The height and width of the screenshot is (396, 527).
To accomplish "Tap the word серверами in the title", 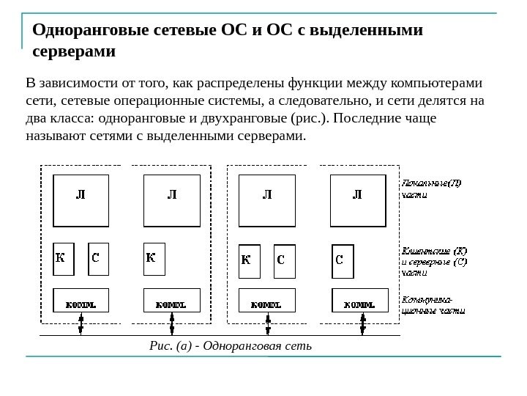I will coord(74,53).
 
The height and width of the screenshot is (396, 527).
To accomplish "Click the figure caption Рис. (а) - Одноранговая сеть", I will coord(230,345).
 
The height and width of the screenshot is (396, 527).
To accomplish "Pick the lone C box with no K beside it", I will coord(343,260).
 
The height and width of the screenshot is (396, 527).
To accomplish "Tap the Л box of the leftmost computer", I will coord(81,199).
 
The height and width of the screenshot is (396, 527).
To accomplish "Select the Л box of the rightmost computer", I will coord(358,199).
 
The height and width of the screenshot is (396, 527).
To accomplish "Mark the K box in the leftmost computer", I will coord(64,259).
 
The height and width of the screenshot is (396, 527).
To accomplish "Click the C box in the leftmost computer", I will coord(97,259).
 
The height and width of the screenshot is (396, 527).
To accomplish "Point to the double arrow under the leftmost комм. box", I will coord(81,324).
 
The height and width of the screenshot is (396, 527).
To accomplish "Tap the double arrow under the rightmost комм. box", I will coord(362,324).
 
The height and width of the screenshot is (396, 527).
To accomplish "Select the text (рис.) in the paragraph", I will coord(307,117).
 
